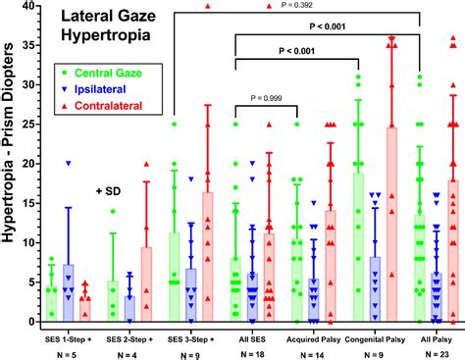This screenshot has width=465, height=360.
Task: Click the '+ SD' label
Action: click(113, 190)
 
